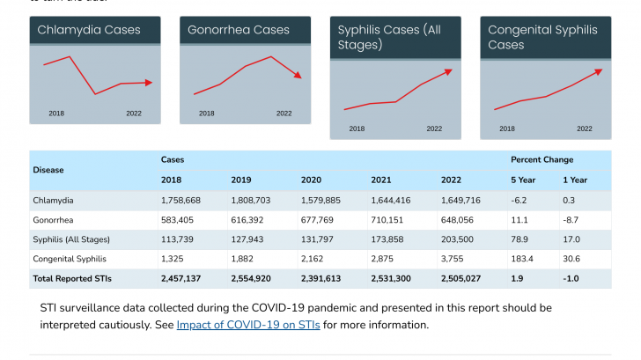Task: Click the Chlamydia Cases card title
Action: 89,30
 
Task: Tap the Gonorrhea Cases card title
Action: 239,30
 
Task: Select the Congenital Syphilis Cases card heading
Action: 542,37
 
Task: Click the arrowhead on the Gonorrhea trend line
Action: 298,75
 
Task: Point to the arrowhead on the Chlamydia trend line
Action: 148,83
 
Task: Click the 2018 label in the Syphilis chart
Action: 357,129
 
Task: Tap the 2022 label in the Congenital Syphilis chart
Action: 585,129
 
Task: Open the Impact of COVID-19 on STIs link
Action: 248,325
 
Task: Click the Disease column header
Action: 48,170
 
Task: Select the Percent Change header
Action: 542,159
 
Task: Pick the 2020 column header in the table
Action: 311,180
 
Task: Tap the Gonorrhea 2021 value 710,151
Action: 387,220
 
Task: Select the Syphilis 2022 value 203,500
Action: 460,239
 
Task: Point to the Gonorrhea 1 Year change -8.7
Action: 572,220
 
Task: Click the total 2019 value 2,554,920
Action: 253,278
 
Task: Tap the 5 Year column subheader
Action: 523,180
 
